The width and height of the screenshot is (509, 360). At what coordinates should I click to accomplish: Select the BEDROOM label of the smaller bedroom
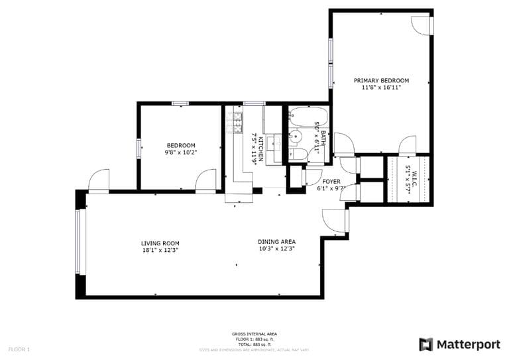181,145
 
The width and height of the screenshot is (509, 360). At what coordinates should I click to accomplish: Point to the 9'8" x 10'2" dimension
181,152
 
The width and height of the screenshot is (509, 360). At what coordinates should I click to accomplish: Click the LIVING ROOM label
160,243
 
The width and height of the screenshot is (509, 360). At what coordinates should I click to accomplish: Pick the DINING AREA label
276,241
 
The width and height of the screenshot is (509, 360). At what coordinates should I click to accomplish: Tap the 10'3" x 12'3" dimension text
276,249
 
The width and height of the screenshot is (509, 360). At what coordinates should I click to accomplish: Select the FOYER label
331,181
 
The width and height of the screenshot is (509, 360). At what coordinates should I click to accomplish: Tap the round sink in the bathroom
297,137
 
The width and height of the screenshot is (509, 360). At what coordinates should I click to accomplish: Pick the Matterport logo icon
426,344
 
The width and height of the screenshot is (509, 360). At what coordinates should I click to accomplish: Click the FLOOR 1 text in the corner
19,349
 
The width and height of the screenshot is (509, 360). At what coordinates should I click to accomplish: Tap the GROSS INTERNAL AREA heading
254,333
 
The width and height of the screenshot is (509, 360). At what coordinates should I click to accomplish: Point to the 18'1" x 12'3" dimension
160,251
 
